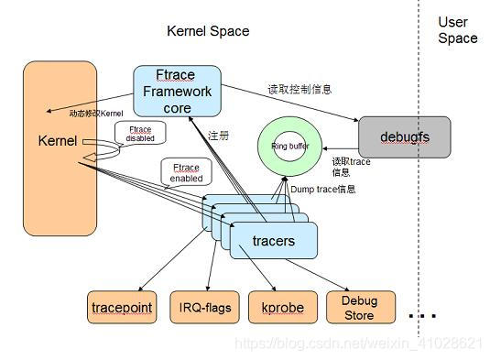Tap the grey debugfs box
coord(404,136)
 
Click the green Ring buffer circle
coord(289,147)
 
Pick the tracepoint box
coord(122,307)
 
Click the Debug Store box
coord(360,307)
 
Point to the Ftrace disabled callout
coord(140,134)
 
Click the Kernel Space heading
coord(208,31)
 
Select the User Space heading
coord(457,30)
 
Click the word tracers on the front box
coord(273,241)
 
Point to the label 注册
coord(219,136)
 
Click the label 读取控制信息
coord(299,90)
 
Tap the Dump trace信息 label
coord(322,190)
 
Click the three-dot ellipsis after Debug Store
coord(422,316)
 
